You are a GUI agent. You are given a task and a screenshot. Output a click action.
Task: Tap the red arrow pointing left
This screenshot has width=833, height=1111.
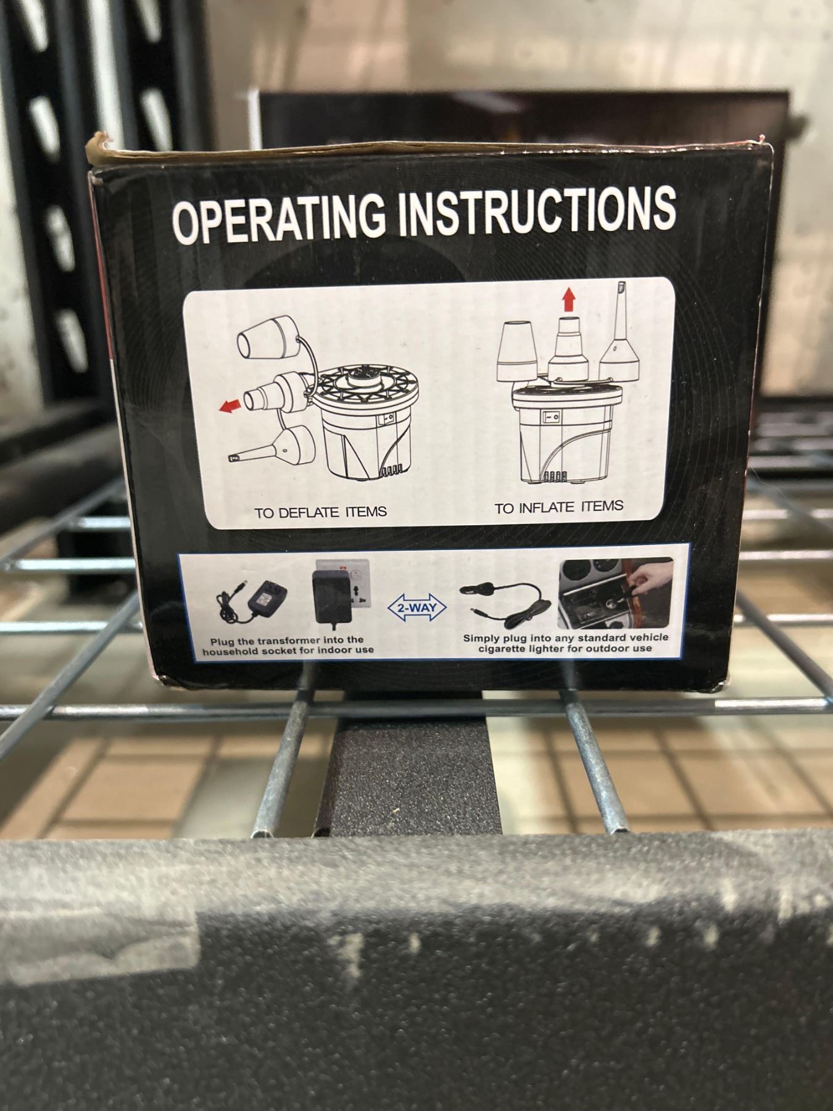click(231, 406)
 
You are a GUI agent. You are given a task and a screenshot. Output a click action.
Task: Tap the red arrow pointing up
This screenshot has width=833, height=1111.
click(568, 301)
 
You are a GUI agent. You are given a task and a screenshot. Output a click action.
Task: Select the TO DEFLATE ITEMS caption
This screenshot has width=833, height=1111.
click(321, 512)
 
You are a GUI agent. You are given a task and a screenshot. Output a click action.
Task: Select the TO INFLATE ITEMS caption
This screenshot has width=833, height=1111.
click(558, 507)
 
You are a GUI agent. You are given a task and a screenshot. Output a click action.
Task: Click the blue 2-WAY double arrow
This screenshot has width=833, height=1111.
click(417, 608)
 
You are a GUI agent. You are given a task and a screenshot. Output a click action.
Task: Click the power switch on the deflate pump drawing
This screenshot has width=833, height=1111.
click(387, 418)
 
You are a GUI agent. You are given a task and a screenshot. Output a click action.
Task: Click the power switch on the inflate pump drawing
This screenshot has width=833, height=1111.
click(552, 418)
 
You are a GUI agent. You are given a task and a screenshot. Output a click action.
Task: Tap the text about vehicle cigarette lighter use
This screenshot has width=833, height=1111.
click(565, 643)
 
